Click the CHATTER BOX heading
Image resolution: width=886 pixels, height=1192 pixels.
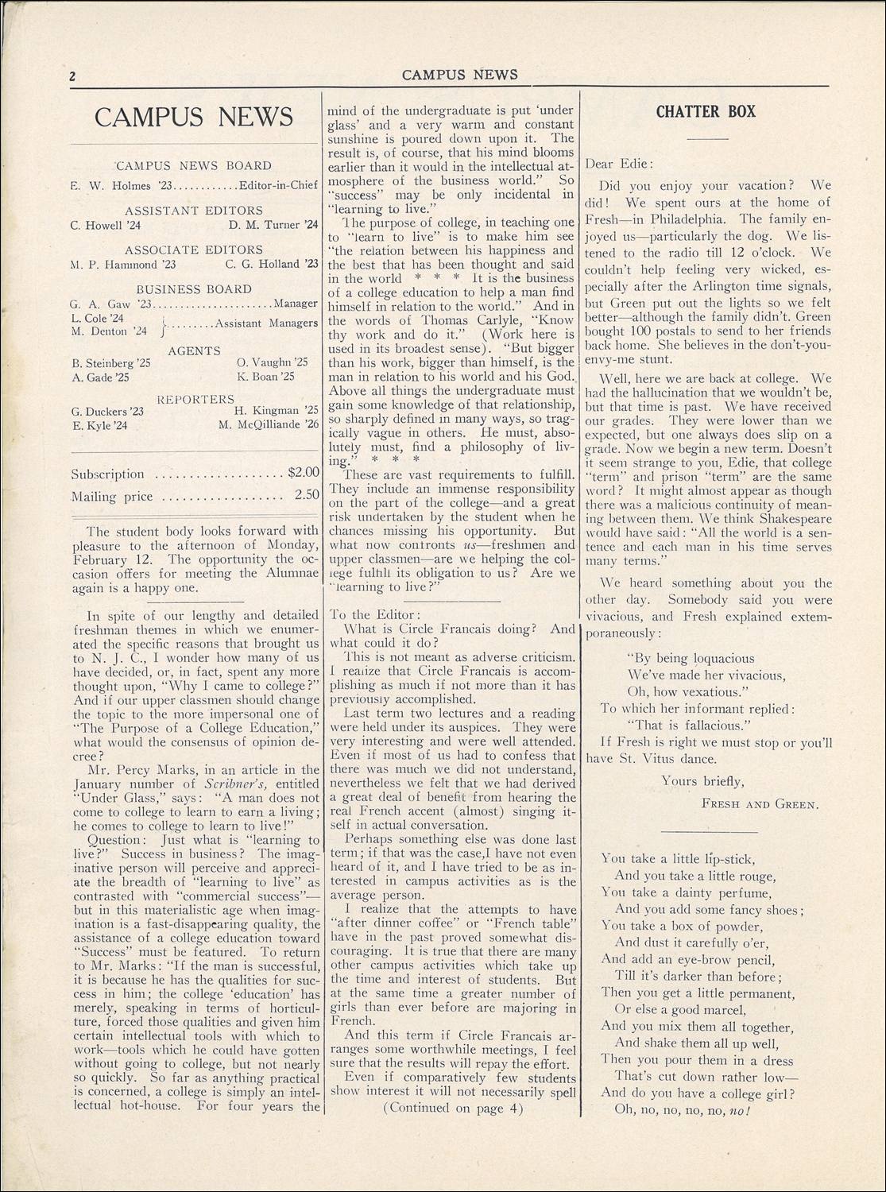[706, 112]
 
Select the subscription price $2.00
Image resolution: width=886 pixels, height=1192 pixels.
[303, 472]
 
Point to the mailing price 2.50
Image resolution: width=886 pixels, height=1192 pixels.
[306, 494]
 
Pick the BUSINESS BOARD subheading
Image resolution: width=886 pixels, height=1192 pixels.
[194, 289]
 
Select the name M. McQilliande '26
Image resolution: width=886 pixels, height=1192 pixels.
[268, 424]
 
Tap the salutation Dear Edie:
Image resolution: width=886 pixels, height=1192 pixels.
[618, 164]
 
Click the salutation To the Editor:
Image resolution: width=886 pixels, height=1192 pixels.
[371, 614]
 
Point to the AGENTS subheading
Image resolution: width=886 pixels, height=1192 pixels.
[194, 350]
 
